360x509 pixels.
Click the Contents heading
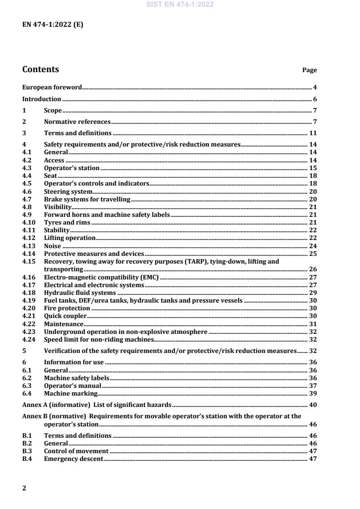pos(40,69)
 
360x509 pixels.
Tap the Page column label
pos(309,70)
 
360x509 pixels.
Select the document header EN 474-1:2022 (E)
pos(53,25)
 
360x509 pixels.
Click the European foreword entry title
pos(52,87)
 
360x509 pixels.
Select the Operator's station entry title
pos(71,168)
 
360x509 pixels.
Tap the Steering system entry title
pos(68,191)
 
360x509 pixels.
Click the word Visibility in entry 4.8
pos(58,207)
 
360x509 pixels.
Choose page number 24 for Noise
pos(313,246)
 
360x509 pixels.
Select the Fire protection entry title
pos(67,308)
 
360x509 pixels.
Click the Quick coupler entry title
pos(65,316)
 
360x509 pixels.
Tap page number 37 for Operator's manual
pos(313,386)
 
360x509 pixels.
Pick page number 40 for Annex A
pos(313,405)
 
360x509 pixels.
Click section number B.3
pos(26,451)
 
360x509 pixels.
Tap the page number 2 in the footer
pos(25,488)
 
